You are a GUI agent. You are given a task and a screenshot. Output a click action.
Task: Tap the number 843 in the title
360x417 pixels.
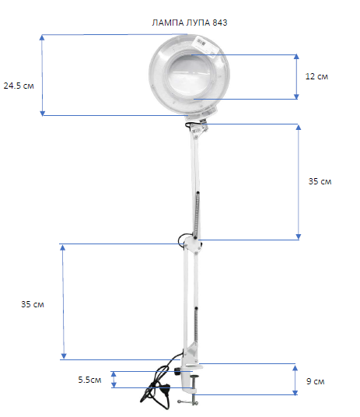220,23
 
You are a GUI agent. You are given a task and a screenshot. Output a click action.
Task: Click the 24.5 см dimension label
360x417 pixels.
19,86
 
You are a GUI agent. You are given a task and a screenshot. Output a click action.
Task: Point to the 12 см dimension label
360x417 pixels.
316,76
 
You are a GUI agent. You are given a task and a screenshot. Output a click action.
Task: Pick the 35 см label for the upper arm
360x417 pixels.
320,181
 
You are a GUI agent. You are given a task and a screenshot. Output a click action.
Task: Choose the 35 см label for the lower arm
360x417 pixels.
33,304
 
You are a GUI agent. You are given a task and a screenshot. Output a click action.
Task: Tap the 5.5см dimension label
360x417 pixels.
89,380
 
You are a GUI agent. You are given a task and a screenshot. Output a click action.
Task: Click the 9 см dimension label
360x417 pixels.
316,381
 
